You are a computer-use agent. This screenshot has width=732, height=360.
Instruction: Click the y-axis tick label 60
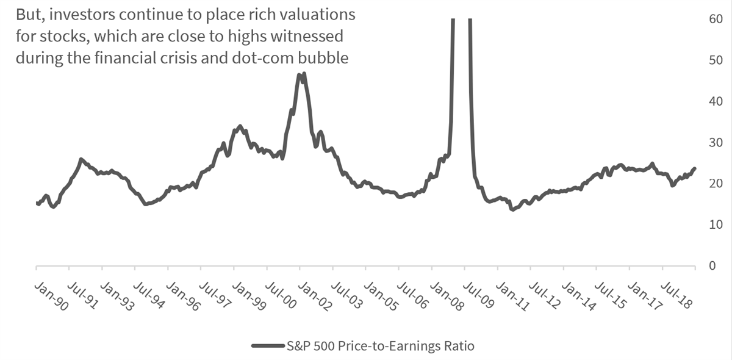point(716,19)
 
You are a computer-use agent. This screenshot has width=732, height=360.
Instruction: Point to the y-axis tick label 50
point(716,60)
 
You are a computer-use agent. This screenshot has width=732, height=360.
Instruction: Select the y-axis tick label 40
point(716,101)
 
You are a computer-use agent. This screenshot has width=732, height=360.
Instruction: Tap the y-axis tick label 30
point(716,143)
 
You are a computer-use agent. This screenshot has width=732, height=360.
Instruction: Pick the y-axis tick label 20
point(716,184)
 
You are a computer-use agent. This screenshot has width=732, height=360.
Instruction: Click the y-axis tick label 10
point(716,225)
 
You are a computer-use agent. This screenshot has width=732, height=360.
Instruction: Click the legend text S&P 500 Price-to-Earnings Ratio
point(380,346)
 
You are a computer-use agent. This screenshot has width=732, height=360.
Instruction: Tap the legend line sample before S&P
point(268,346)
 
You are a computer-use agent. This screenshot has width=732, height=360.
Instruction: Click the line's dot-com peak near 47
point(304,74)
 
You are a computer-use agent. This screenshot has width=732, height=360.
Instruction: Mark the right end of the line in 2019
point(694,168)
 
